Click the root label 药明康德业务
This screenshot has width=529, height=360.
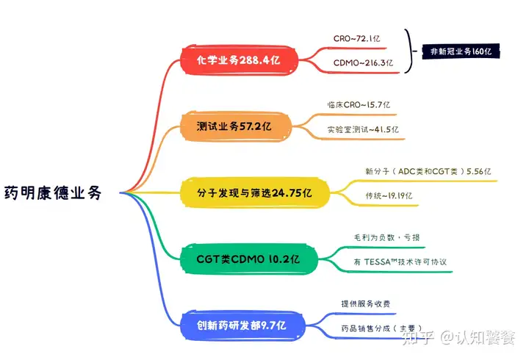(53, 192)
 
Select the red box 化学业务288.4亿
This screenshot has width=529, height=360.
(240, 60)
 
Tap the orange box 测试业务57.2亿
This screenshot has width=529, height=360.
(236, 126)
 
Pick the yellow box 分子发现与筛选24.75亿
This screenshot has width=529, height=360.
(255, 192)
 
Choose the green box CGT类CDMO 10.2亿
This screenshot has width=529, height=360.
(249, 259)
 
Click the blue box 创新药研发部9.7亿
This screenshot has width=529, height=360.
(242, 325)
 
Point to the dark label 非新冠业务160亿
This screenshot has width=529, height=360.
(461, 51)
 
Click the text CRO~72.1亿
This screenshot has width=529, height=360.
(356, 38)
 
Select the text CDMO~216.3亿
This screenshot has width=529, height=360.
(363, 62)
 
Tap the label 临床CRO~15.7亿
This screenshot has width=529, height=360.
(359, 104)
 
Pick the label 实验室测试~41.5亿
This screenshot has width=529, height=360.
(363, 129)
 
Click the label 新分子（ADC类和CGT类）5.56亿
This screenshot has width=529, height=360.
(428, 171)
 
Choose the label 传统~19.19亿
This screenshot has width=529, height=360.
(389, 195)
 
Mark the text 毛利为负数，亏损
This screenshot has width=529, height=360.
(386, 237)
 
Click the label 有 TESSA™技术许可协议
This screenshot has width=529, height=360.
(400, 262)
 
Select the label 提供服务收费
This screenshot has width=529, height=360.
(366, 303)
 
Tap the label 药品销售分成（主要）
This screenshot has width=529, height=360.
(381, 328)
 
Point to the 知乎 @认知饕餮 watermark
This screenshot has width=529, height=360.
(458, 337)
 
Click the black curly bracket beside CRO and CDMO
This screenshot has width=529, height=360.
(409, 51)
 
